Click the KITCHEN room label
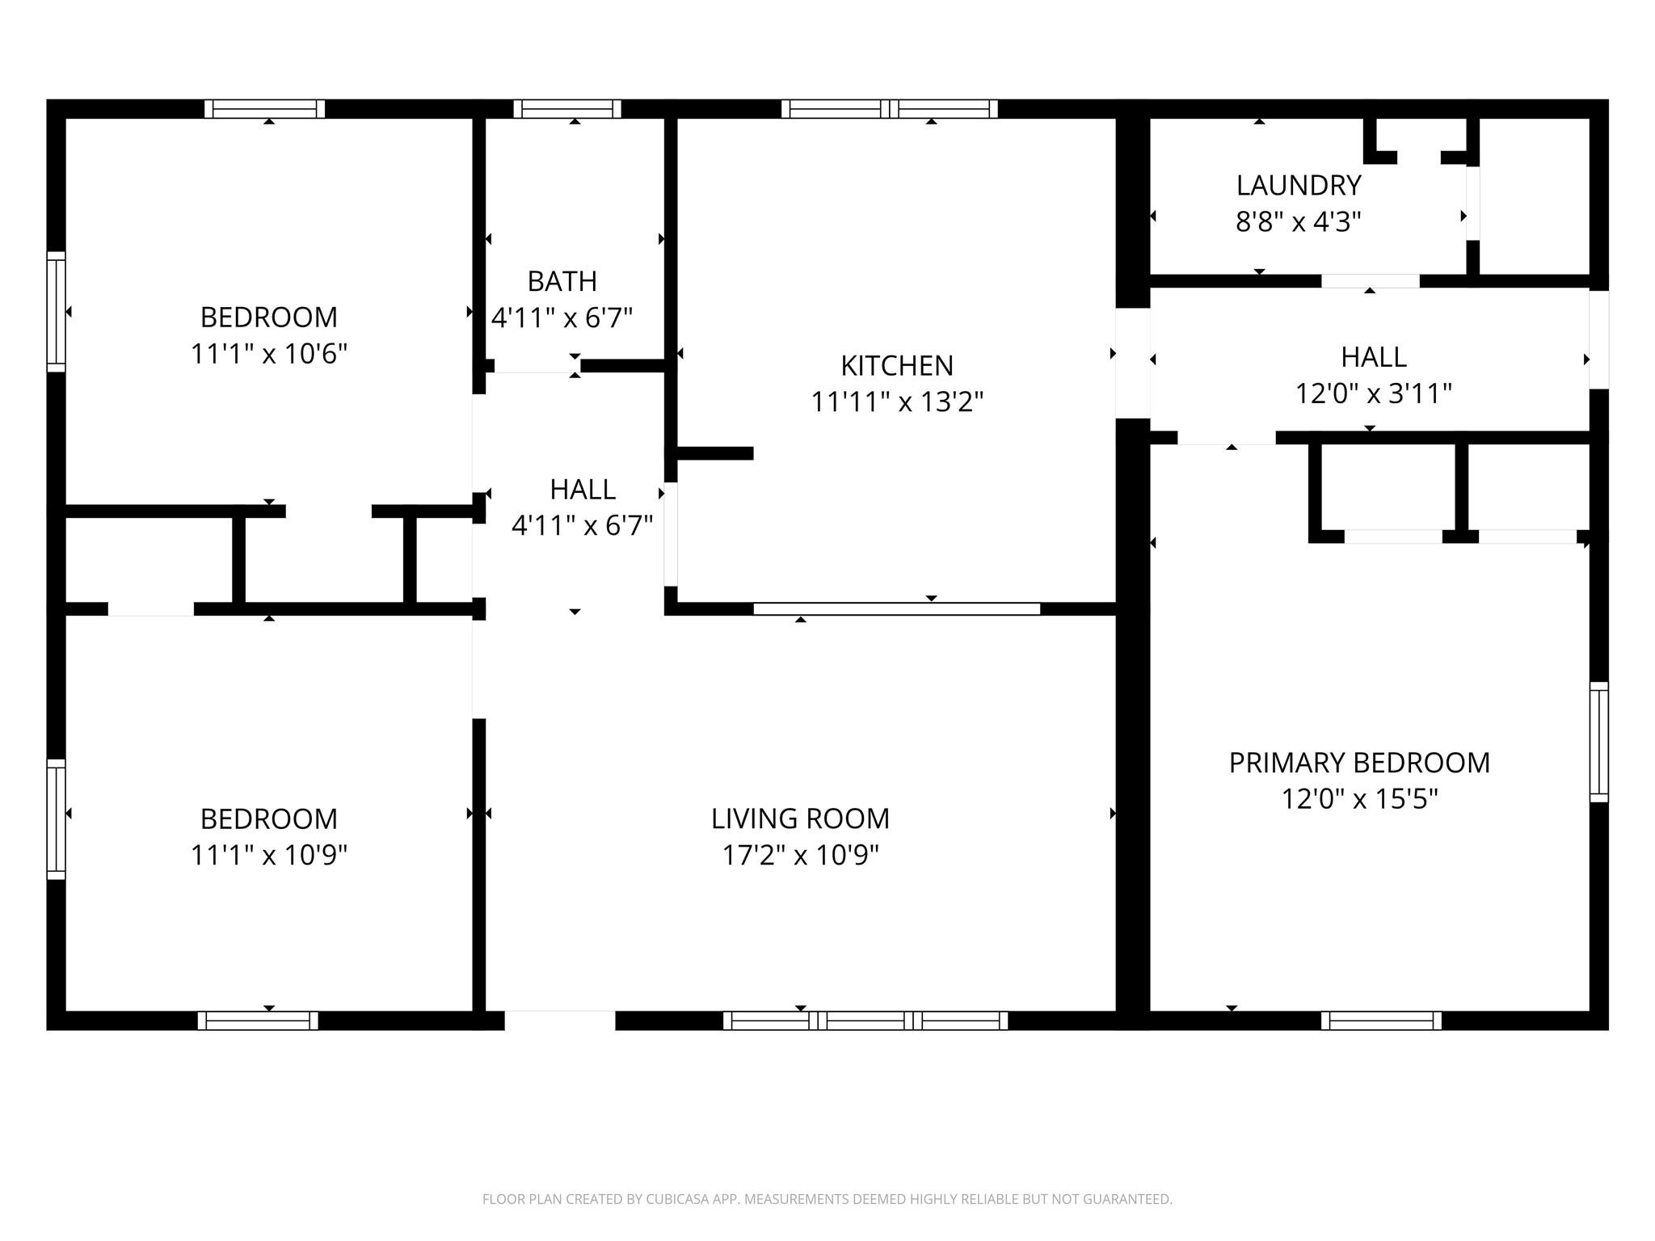(x=897, y=366)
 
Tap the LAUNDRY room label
(x=1299, y=186)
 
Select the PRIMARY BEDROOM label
(x=1359, y=763)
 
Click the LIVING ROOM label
(x=800, y=818)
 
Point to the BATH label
(x=562, y=281)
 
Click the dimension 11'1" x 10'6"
(x=269, y=354)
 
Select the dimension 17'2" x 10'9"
(x=800, y=855)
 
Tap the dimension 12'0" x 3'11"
(x=1374, y=393)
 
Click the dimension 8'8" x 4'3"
(x=1299, y=221)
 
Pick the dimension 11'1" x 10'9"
(x=269, y=855)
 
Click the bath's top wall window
(x=567, y=108)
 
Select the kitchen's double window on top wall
(x=890, y=108)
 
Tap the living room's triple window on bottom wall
(x=865, y=1020)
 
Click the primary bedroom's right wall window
(x=1598, y=742)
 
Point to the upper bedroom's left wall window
(x=56, y=312)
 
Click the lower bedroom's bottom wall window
(x=258, y=1020)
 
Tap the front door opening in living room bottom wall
(x=560, y=1020)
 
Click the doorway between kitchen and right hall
(x=1133, y=363)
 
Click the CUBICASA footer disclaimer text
(x=827, y=1199)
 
